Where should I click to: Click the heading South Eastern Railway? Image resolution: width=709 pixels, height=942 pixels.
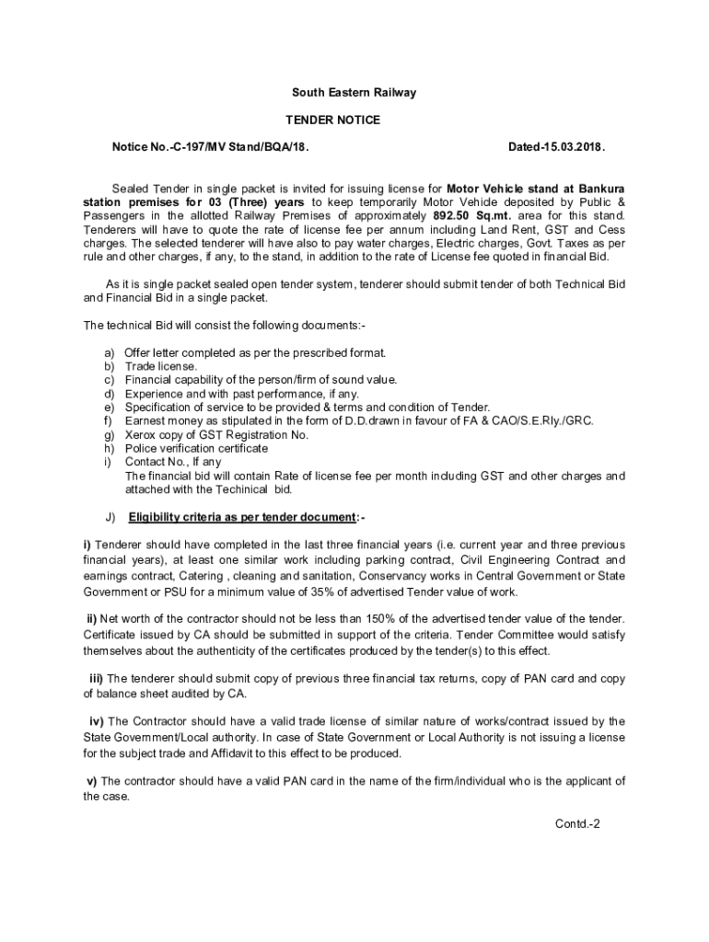354,93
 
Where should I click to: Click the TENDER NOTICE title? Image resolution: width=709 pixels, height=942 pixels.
332,121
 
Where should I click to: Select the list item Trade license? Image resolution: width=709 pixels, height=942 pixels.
161,366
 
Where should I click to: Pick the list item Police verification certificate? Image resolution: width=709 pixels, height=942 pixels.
196,449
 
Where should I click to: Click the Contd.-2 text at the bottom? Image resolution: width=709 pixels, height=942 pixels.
577,823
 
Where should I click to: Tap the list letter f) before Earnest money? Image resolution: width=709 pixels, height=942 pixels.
108,421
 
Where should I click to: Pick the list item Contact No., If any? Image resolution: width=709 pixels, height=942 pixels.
173,462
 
